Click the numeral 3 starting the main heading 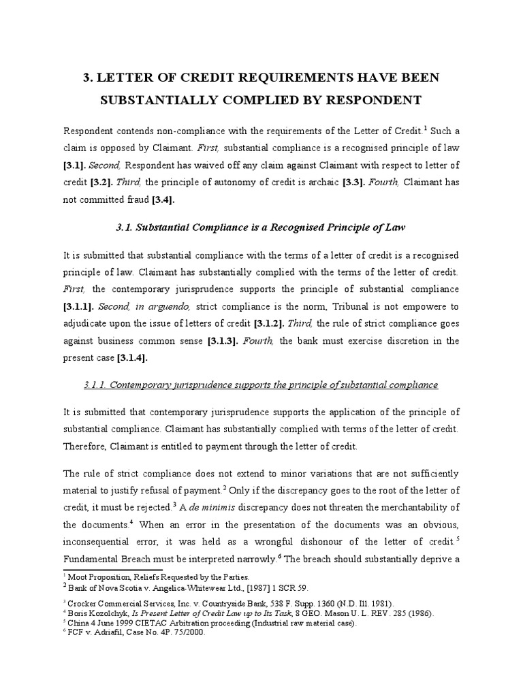(87, 78)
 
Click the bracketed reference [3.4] (162, 199)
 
